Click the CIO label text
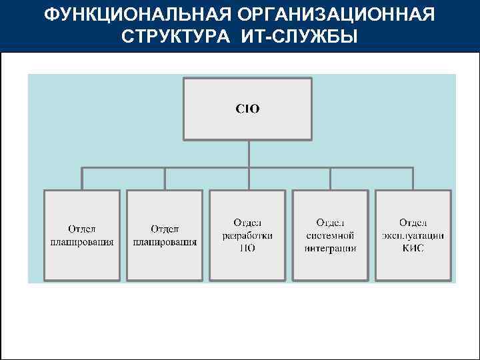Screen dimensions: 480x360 tap(248, 109)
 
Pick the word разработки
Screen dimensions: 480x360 tap(247, 235)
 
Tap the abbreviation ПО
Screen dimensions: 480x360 tap(247, 248)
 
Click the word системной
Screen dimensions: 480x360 tap(331, 235)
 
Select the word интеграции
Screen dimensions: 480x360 tap(331, 248)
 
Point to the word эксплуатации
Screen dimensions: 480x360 tap(413, 235)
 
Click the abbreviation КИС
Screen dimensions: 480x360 tap(413, 248)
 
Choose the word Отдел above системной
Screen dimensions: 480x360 tap(331, 223)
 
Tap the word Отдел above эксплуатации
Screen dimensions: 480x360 tap(413, 223)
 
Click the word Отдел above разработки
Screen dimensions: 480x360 tap(247, 223)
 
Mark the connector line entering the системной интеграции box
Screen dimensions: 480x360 tap(331, 179)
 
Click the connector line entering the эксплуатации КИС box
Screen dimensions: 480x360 tap(413, 179)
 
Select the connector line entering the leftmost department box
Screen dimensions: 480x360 tap(82, 179)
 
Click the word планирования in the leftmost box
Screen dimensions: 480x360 tap(82, 242)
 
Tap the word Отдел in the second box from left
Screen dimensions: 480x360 tap(165, 229)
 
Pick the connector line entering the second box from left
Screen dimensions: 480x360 tap(165, 179)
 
